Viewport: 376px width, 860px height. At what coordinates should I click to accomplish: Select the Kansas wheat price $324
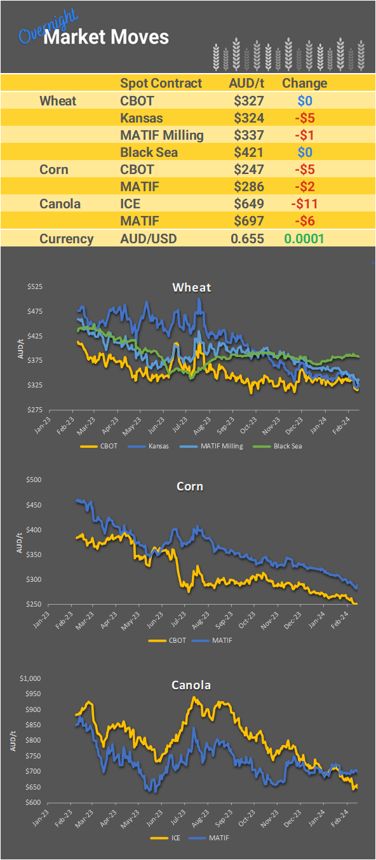[248, 118]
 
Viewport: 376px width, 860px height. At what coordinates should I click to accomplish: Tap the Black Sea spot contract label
[149, 152]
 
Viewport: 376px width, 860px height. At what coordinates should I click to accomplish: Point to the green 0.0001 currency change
[304, 239]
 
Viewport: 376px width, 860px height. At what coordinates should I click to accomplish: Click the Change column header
[304, 83]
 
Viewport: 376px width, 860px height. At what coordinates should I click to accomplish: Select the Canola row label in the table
[60, 204]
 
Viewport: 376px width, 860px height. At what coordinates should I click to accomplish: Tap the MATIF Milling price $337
[248, 135]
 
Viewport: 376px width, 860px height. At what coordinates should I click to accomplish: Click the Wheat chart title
[191, 287]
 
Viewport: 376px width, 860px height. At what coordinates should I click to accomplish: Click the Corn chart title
[190, 487]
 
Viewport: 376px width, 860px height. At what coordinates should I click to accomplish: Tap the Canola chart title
[191, 685]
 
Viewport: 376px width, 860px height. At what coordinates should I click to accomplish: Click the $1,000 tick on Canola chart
[31, 678]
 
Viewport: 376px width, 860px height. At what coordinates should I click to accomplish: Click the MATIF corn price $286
[248, 187]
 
